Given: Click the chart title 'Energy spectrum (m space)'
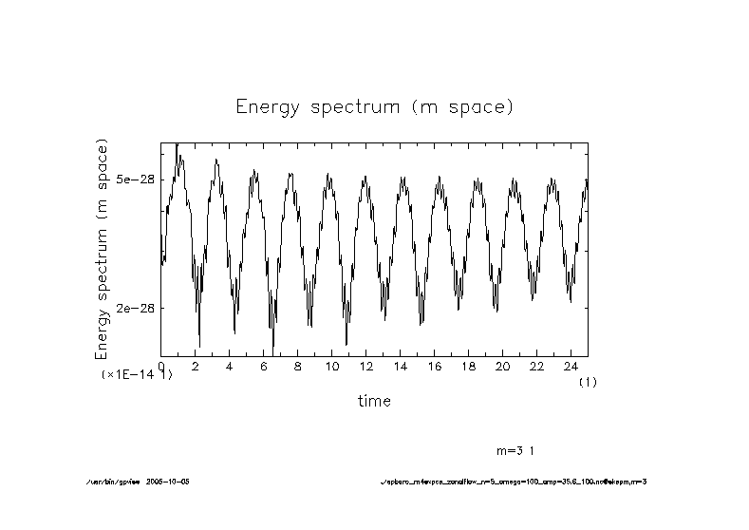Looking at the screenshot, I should (374, 106).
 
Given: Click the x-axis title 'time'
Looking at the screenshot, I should (374, 401).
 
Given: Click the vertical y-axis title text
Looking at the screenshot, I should (103, 248).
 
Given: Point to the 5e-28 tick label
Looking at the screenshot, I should (135, 179).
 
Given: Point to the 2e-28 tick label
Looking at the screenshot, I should (135, 308).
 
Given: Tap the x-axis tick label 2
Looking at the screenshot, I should (195, 366).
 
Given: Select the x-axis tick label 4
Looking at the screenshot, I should (229, 366).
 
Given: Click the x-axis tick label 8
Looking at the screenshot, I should (297, 366).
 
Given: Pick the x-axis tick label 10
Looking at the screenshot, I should (331, 366).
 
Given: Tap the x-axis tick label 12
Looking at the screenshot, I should (365, 366).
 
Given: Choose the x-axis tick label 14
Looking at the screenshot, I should (400, 366).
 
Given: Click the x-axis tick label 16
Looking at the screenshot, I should (434, 366).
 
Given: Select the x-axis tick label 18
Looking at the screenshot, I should (468, 366).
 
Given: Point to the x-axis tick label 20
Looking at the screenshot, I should (502, 366).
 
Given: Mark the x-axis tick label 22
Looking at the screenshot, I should (536, 366).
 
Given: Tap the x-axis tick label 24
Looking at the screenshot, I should (571, 366).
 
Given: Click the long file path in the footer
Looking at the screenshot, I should (513, 482).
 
